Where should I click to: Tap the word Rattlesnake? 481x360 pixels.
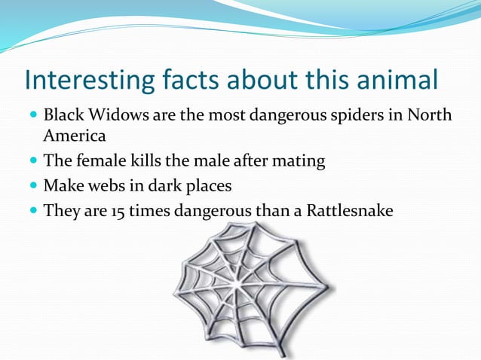349,211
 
